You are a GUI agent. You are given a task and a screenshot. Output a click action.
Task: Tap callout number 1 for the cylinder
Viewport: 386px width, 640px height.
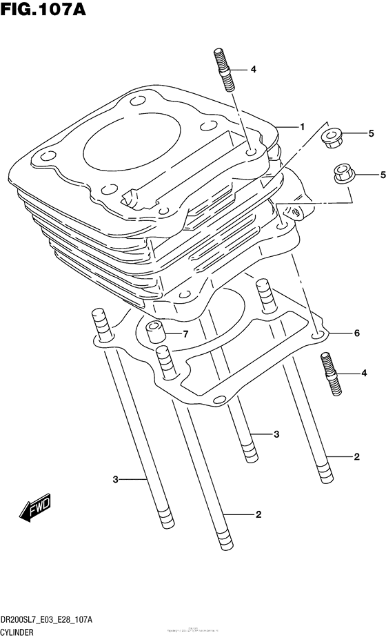pyautogui.click(x=302, y=126)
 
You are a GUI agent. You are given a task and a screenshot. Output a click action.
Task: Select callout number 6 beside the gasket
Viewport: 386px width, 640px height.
pyautogui.click(x=356, y=333)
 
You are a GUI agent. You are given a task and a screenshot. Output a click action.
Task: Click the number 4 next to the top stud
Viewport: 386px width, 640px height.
pyautogui.click(x=253, y=69)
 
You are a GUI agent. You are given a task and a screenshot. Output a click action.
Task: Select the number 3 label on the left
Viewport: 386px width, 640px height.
pyautogui.click(x=116, y=478)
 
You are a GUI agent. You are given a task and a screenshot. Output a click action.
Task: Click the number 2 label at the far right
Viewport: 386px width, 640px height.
pyautogui.click(x=356, y=456)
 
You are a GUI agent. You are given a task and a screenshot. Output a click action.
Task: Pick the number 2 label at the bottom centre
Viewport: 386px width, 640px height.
pyautogui.click(x=258, y=514)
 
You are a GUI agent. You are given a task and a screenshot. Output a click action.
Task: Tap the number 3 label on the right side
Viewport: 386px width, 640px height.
pyautogui.click(x=276, y=434)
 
